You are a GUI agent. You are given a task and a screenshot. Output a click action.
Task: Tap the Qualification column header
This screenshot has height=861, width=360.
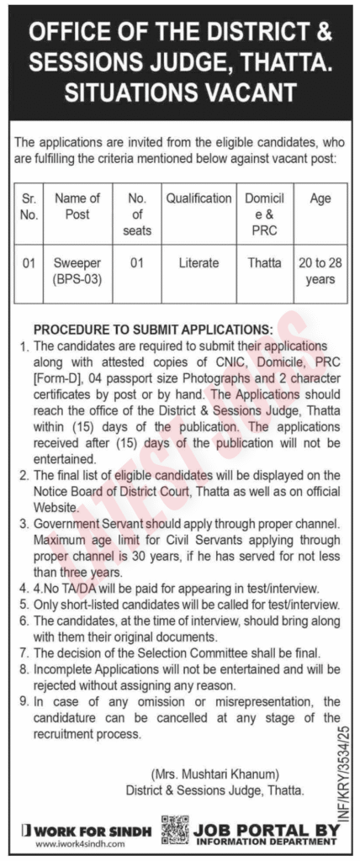[x=199, y=199]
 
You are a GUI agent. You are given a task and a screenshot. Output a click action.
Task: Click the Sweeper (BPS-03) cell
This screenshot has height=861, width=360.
[x=77, y=271]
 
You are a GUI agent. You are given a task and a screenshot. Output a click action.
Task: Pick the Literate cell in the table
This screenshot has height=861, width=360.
[x=199, y=263]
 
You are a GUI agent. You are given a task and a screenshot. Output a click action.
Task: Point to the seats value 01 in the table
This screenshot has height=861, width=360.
[x=138, y=263]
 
